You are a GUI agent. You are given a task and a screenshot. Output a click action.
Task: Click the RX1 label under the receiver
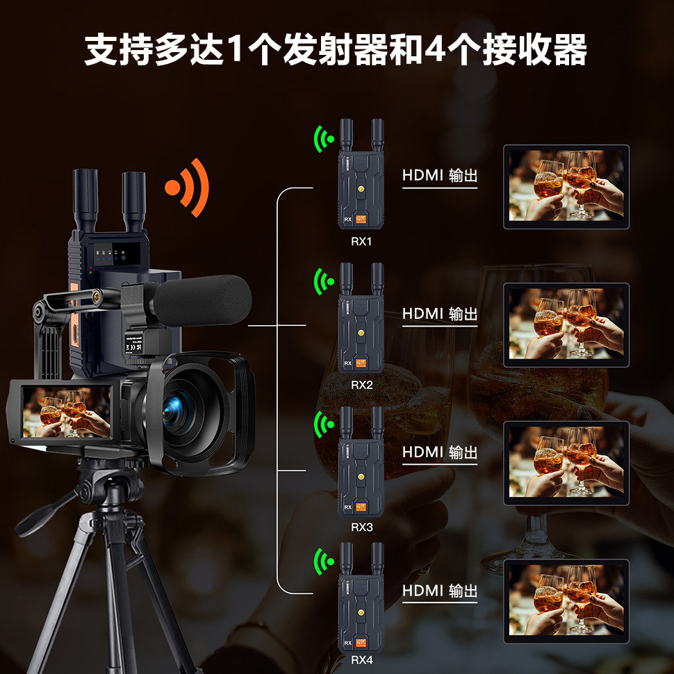coord(361,242)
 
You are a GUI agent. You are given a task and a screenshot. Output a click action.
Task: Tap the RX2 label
coord(361,384)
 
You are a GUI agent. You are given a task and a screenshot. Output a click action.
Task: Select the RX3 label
coord(361,527)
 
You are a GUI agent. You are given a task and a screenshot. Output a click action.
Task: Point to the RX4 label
coord(361,660)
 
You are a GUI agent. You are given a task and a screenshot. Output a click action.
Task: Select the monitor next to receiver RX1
coord(566,187)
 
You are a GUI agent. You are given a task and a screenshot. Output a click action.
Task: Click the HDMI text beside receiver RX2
coord(422,314)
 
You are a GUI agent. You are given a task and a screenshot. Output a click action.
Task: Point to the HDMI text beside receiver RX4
coord(422,591)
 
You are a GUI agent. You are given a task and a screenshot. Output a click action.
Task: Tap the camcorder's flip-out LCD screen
coord(65,411)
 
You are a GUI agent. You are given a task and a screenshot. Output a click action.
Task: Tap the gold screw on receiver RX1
coord(361,189)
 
